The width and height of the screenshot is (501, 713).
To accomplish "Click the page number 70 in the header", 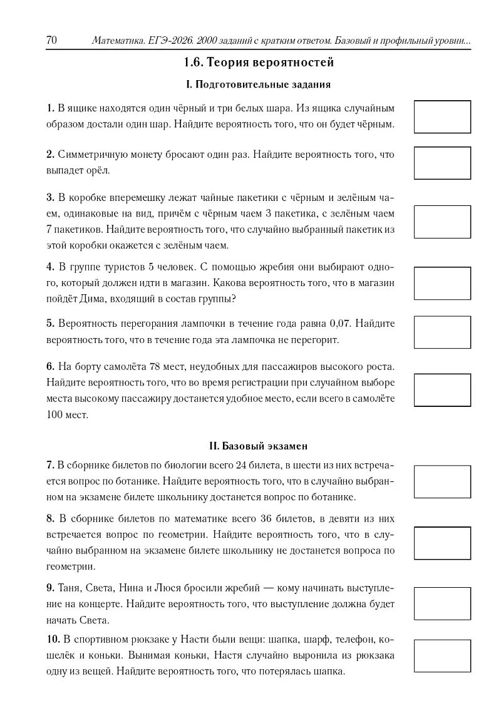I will click(x=51, y=41).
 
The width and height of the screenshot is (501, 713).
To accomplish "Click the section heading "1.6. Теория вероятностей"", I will click(x=259, y=63).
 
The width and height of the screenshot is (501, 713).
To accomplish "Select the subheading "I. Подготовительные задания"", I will click(x=259, y=84).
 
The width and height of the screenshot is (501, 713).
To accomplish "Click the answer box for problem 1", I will click(x=442, y=116).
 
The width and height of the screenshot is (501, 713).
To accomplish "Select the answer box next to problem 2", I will click(x=442, y=163).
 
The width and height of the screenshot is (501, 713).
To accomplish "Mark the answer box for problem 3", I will click(x=442, y=222).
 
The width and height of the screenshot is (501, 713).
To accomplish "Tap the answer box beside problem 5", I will click(x=442, y=332).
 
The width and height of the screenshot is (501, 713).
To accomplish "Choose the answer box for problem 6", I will click(x=442, y=390).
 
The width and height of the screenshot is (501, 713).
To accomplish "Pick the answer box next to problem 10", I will click(x=442, y=655).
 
